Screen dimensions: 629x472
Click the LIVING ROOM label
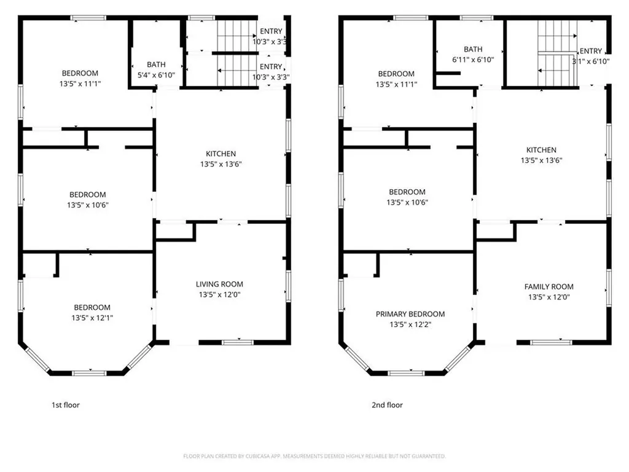(x=219, y=284)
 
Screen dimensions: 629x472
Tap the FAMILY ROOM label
(x=549, y=286)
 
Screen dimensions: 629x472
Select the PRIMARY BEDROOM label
(x=410, y=314)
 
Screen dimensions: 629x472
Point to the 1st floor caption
(x=65, y=405)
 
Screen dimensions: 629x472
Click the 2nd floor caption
(x=387, y=405)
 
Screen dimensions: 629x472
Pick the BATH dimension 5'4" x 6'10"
(x=156, y=75)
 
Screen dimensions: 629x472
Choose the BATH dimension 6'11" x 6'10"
(x=473, y=60)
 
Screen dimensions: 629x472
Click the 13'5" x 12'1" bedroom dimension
(x=92, y=318)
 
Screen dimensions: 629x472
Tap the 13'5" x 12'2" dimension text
(x=410, y=324)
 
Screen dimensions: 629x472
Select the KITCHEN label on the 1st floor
(x=221, y=154)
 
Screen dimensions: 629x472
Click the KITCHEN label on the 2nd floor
(x=541, y=150)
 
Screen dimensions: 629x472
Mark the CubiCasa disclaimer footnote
(x=314, y=456)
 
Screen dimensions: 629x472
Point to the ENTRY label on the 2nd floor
(x=590, y=51)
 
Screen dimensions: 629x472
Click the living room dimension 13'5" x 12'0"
(x=219, y=294)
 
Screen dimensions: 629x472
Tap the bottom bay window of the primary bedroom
(x=406, y=373)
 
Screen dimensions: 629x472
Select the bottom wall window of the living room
(x=238, y=342)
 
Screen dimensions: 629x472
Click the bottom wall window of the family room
(x=551, y=342)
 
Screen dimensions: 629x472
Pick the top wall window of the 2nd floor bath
(x=477, y=18)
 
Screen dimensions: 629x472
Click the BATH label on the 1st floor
(x=156, y=65)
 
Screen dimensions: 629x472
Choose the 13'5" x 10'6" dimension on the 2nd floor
(x=407, y=203)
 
